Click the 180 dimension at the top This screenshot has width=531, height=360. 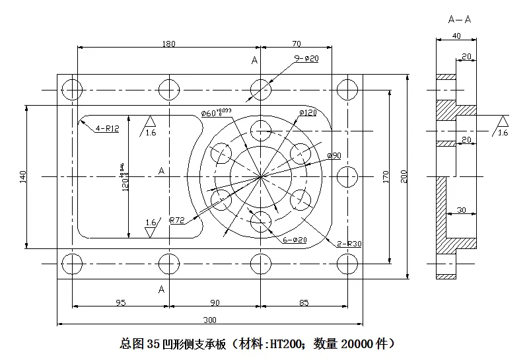(x=168, y=44)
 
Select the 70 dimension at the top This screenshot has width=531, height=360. (x=296, y=44)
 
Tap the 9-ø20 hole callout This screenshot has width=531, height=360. (x=306, y=59)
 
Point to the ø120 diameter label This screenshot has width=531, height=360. (x=308, y=113)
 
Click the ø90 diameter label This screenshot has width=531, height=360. (x=334, y=155)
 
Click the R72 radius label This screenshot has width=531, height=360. (x=176, y=219)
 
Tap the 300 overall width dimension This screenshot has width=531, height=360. (x=209, y=320)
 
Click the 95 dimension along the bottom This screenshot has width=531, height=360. (x=121, y=303)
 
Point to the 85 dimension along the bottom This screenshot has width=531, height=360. (x=304, y=303)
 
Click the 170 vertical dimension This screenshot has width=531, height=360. (x=386, y=176)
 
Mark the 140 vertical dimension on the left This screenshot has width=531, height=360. (x=22, y=176)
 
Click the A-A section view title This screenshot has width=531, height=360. (x=459, y=19)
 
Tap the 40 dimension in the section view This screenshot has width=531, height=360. (x=457, y=37)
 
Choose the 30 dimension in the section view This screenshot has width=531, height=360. (x=462, y=210)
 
